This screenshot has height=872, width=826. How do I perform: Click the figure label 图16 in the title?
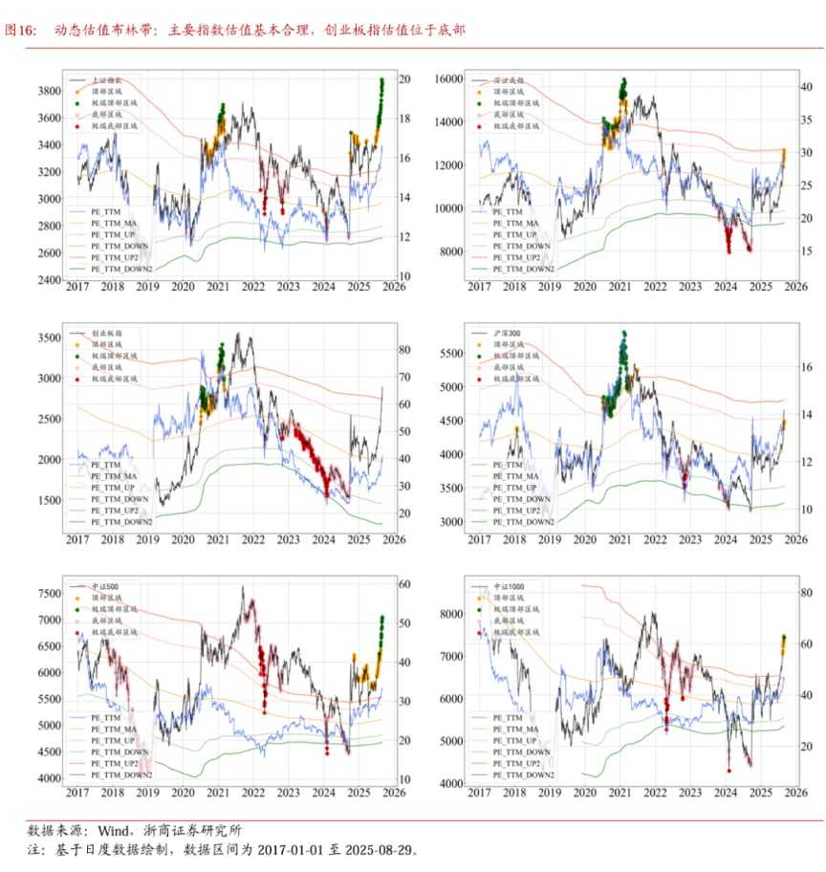[x=20, y=30]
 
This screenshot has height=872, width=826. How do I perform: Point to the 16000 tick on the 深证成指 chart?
[x=449, y=77]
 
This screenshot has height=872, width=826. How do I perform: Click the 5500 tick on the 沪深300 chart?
[x=453, y=354]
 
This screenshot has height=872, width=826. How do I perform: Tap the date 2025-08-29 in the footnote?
[x=374, y=849]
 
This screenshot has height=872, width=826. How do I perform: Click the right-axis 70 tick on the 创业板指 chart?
[x=402, y=378]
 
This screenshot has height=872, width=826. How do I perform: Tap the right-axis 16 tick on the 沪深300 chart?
[x=806, y=366]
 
